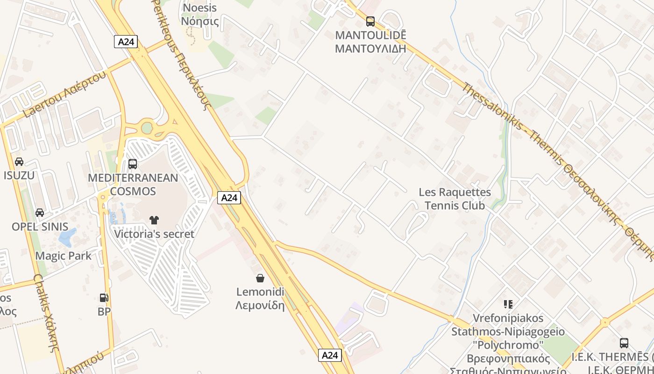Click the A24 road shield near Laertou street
coord(126,42)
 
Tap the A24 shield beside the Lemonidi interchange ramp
coord(229,198)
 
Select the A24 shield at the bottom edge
coord(330,355)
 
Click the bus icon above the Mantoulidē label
coord(370,21)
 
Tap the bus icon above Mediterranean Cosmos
coord(133,164)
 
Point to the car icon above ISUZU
coord(19,162)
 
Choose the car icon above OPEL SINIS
coord(40,213)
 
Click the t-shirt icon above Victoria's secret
coord(154,220)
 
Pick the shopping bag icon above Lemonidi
coord(260,278)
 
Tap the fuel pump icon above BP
coord(104,298)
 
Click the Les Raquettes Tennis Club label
coord(455,199)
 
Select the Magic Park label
coord(64,256)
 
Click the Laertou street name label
coord(64,94)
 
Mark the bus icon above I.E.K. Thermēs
coord(624,343)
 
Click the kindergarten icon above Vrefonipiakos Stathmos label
coord(508,304)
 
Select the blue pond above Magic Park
coord(67,237)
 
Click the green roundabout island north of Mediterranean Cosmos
coord(147,127)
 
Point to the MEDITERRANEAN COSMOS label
coord(133,184)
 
